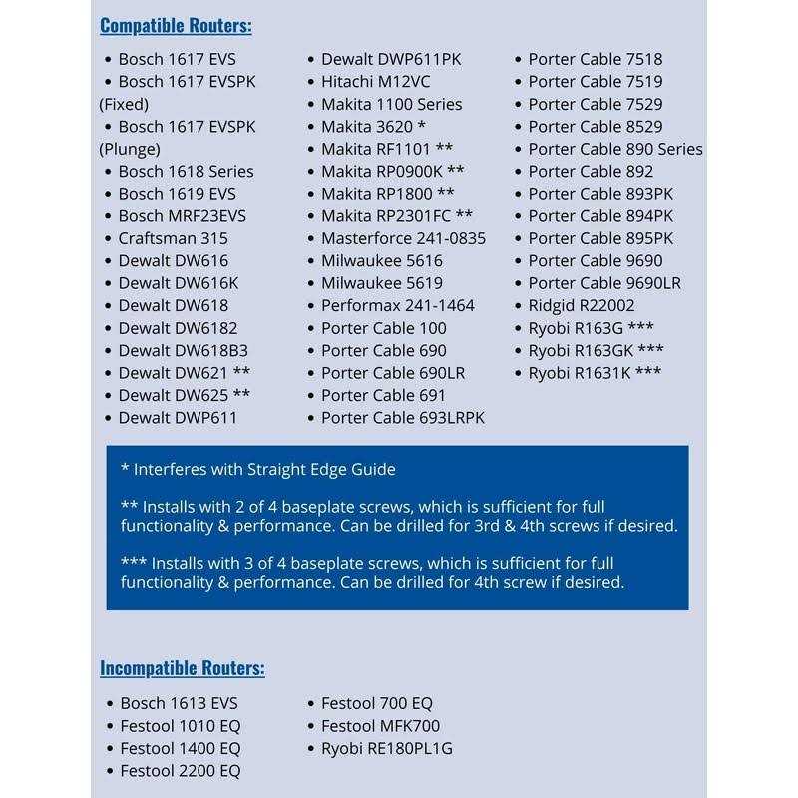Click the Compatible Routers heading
click(x=176, y=25)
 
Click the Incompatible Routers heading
click(x=182, y=668)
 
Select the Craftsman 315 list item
click(x=173, y=238)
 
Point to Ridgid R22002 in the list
click(x=582, y=305)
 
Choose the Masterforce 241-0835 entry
click(x=403, y=238)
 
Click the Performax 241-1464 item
click(x=397, y=305)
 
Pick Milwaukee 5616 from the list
click(x=381, y=260)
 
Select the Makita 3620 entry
click(x=373, y=127)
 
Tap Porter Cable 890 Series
click(x=614, y=149)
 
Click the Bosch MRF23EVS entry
click(x=182, y=215)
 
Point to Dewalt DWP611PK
click(x=391, y=59)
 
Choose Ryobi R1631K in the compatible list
click(x=595, y=373)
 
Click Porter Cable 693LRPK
click(x=402, y=418)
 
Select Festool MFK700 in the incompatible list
click(x=380, y=726)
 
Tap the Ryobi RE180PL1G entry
click(x=386, y=748)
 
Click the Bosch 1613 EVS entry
click(x=179, y=704)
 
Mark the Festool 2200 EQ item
click(x=180, y=771)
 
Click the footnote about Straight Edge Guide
click(x=257, y=469)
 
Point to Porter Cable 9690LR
click(x=604, y=283)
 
